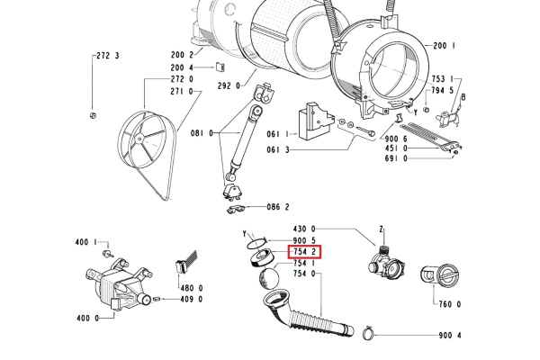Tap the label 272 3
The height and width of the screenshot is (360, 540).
107,57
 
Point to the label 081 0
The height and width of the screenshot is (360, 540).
202,133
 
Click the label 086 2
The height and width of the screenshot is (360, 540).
278,207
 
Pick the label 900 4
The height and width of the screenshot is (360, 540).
450,336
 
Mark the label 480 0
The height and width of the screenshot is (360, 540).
192,288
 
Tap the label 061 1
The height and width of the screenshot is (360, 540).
278,134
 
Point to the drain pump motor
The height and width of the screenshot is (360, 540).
112,288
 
